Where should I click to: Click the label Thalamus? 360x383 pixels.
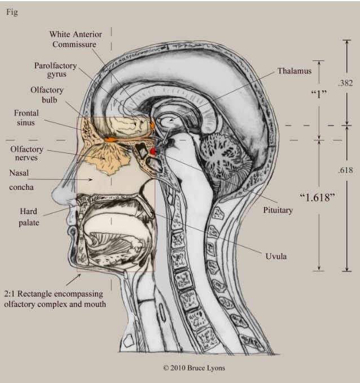(x=294, y=71)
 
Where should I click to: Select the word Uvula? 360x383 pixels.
(x=276, y=256)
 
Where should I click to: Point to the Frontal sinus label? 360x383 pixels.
(x=27, y=117)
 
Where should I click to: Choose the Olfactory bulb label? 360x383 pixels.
(x=47, y=95)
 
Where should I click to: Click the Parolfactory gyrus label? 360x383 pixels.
(x=55, y=69)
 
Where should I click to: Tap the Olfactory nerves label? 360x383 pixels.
(x=27, y=154)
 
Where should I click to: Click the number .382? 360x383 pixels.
(x=345, y=83)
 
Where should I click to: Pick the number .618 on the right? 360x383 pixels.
(x=345, y=170)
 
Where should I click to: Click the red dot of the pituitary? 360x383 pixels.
(x=153, y=151)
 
